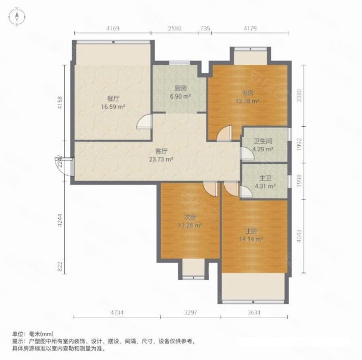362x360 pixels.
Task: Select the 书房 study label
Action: tap(247, 92)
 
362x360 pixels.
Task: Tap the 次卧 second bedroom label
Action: tap(190, 217)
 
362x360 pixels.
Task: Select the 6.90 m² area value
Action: tap(180, 96)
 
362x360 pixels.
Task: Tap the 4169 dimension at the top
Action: tap(112, 28)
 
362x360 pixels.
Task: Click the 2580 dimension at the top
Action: tap(174, 28)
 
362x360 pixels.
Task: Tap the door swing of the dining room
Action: tap(144, 122)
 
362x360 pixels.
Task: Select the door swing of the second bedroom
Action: tap(209, 188)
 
